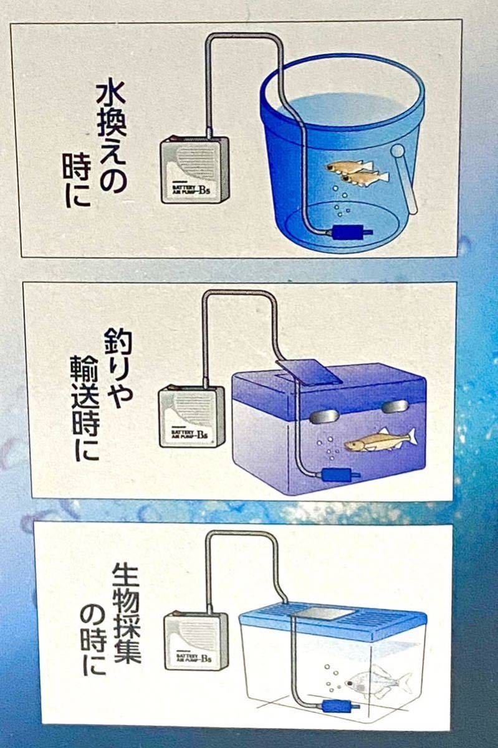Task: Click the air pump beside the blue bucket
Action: pyautogui.click(x=194, y=170)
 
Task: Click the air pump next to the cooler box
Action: pyautogui.click(x=191, y=416)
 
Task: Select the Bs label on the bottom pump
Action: pyautogui.click(x=211, y=658)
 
